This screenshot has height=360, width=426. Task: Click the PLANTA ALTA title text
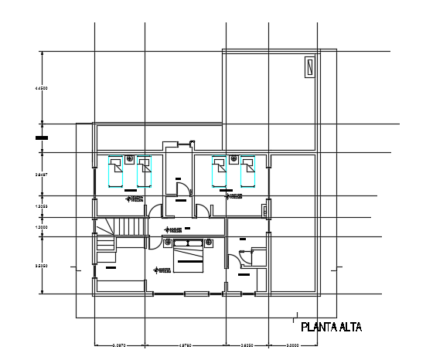coord(330,327)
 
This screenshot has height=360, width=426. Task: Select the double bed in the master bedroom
coord(188,255)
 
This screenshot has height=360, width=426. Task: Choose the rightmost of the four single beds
coord(247,172)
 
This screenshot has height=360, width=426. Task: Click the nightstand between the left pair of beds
coord(130,159)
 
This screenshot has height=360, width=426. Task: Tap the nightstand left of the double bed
coord(168,243)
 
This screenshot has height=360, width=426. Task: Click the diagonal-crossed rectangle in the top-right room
coord(308,67)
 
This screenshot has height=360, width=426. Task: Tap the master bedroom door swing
coord(232,258)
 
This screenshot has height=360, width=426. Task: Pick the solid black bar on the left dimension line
coord(41,138)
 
